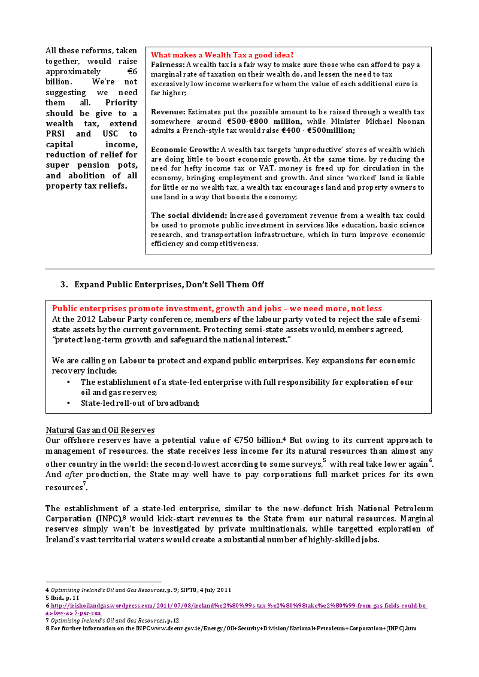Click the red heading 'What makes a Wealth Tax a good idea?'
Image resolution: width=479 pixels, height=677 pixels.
coord(222,54)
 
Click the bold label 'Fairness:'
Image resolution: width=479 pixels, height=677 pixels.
coord(168,64)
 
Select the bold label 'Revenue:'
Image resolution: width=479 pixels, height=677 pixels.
coord(168,111)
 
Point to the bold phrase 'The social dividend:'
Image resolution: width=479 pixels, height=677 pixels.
coord(189,215)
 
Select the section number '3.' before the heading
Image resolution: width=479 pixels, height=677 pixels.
coord(64,284)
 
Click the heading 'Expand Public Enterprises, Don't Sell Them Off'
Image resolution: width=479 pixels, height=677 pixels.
coord(169,284)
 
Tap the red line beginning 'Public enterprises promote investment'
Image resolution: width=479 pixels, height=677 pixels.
coord(217,309)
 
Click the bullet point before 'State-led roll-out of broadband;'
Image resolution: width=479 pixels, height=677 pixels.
coord(69,403)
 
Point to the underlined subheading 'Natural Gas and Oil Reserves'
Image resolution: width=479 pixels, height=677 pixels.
coord(100,430)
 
